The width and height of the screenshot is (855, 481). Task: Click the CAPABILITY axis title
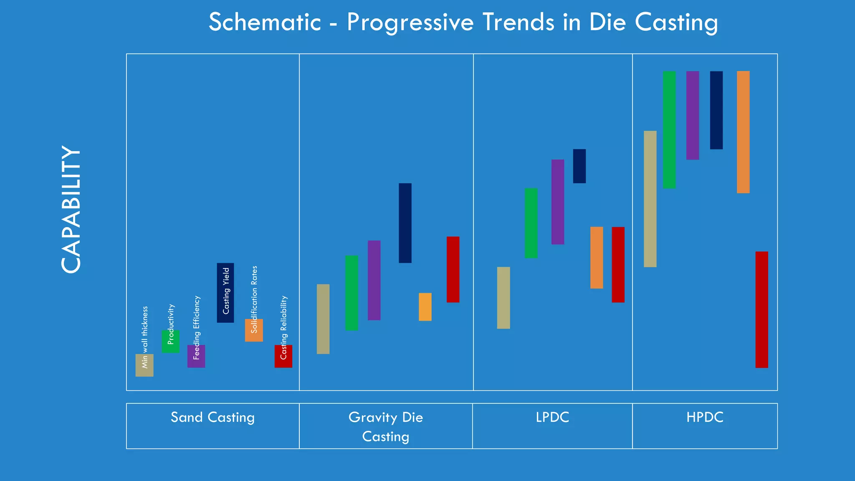pos(71,210)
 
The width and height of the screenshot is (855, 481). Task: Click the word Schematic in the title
pos(265,22)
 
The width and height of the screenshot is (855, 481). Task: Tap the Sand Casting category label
pos(212,417)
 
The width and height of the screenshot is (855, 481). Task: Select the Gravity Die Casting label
pos(386,426)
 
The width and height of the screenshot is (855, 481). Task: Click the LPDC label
pos(552,417)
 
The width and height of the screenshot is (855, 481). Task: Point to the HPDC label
pos(705,417)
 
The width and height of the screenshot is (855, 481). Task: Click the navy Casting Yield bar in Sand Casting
pos(225,293)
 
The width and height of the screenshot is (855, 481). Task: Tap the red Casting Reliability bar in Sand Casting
pos(283,356)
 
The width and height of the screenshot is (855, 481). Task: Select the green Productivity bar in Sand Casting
pos(170,342)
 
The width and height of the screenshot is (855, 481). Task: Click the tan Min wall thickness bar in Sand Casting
pos(144,365)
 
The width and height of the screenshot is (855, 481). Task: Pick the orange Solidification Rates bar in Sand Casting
pos(254,330)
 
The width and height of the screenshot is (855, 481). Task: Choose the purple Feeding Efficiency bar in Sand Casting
pos(196,356)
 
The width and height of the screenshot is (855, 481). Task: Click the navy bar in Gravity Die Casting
pos(405,223)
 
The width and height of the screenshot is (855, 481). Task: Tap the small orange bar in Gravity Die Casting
pos(425,307)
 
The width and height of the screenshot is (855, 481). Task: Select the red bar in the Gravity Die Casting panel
pos(453,269)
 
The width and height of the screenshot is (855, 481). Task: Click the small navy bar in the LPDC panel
pos(579,166)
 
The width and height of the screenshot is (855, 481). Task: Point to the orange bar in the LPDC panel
pos(597,258)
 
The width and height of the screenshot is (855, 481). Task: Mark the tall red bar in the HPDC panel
pos(761,309)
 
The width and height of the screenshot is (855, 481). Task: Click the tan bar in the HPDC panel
pos(650,199)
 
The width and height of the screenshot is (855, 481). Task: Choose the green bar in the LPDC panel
pos(531,223)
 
